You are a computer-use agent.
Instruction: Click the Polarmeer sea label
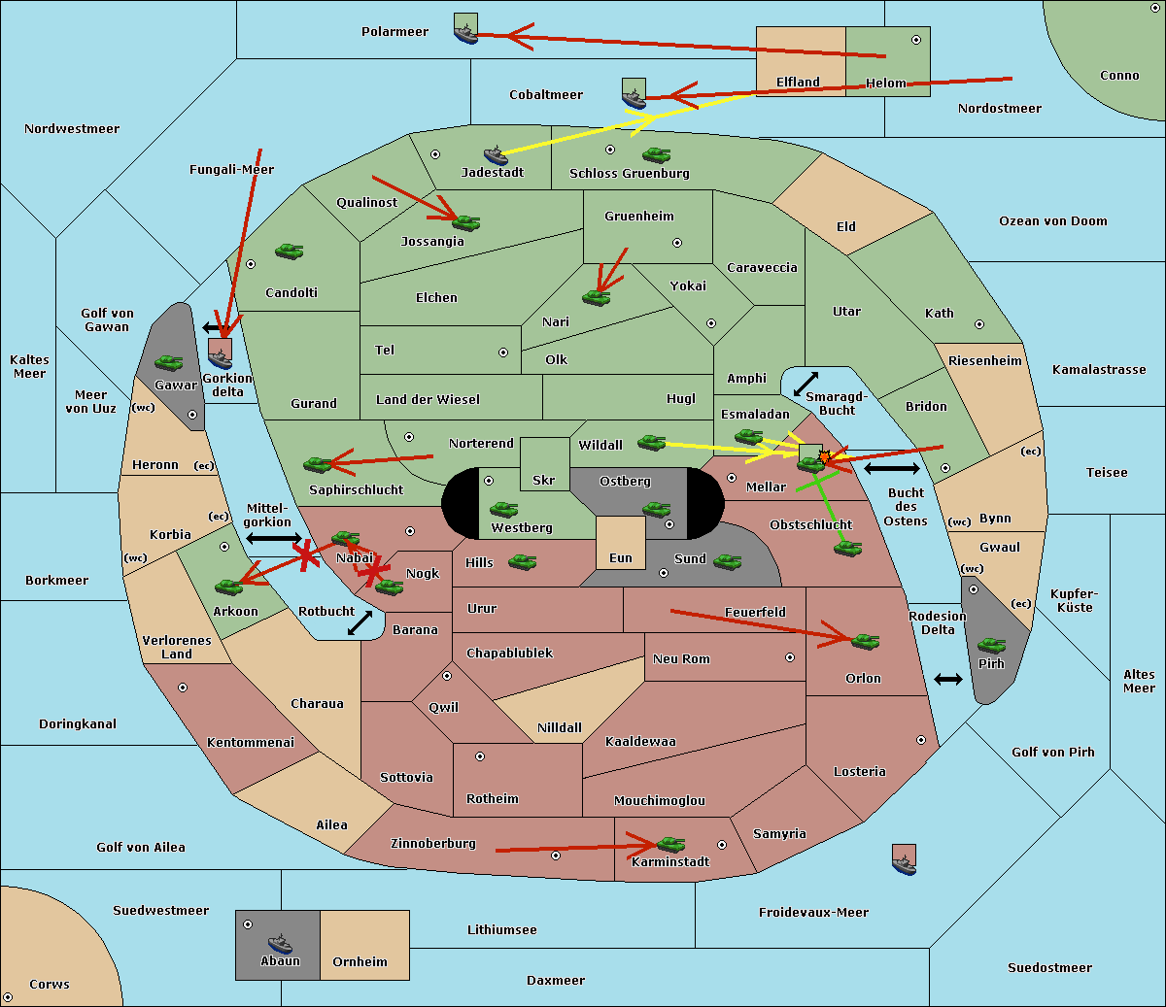click(394, 32)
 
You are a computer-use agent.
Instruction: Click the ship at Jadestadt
click(496, 155)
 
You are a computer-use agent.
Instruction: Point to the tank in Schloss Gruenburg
click(656, 154)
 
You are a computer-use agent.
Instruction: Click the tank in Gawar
click(169, 363)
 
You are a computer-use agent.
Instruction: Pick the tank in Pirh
click(991, 646)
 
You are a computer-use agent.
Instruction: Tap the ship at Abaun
click(280, 943)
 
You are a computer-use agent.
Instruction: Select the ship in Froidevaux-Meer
click(904, 861)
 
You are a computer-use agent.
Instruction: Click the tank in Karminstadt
click(670, 845)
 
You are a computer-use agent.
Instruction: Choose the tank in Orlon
click(864, 641)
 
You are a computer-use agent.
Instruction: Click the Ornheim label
click(360, 962)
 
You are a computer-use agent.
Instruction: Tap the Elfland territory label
click(798, 83)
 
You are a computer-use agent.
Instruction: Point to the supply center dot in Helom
click(915, 40)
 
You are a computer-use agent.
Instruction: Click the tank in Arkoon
click(228, 587)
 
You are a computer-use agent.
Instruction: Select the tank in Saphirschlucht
click(318, 465)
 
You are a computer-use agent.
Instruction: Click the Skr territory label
click(544, 481)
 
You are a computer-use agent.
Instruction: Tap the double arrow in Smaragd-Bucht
click(806, 384)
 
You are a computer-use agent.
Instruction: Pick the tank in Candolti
click(289, 252)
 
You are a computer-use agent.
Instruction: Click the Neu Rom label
click(681, 659)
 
